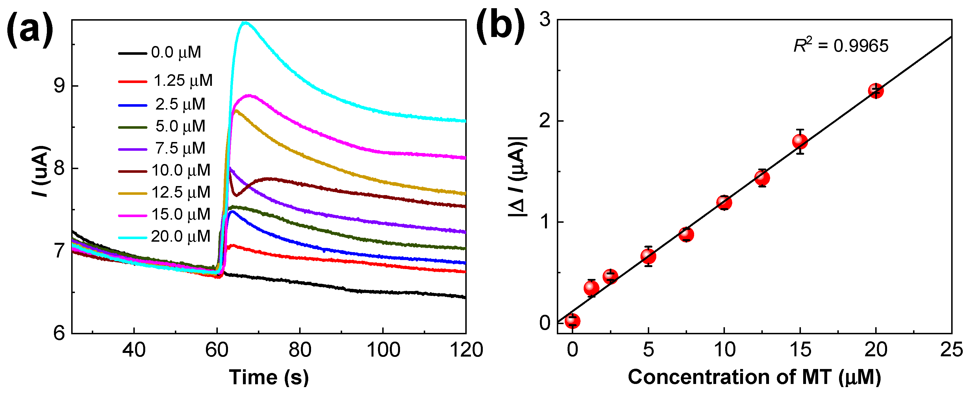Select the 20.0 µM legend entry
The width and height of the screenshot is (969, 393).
(x=164, y=237)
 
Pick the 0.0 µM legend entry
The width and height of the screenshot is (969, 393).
(x=160, y=52)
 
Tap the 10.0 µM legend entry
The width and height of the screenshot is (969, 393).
(x=164, y=170)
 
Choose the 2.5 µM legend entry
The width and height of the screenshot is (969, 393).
(x=162, y=104)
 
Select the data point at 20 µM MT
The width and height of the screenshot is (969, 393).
(x=876, y=91)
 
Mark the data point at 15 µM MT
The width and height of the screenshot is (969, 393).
(x=800, y=141)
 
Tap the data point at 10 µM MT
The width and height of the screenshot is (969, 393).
(x=724, y=203)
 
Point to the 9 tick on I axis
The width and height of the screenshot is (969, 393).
(x=59, y=86)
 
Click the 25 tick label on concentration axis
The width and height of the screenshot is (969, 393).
(x=951, y=350)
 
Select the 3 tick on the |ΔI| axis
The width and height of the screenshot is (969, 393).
(x=545, y=19)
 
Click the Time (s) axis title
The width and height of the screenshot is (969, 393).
(x=269, y=377)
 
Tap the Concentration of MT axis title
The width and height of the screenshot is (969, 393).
(x=754, y=377)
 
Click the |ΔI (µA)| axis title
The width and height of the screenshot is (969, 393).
(x=518, y=177)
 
